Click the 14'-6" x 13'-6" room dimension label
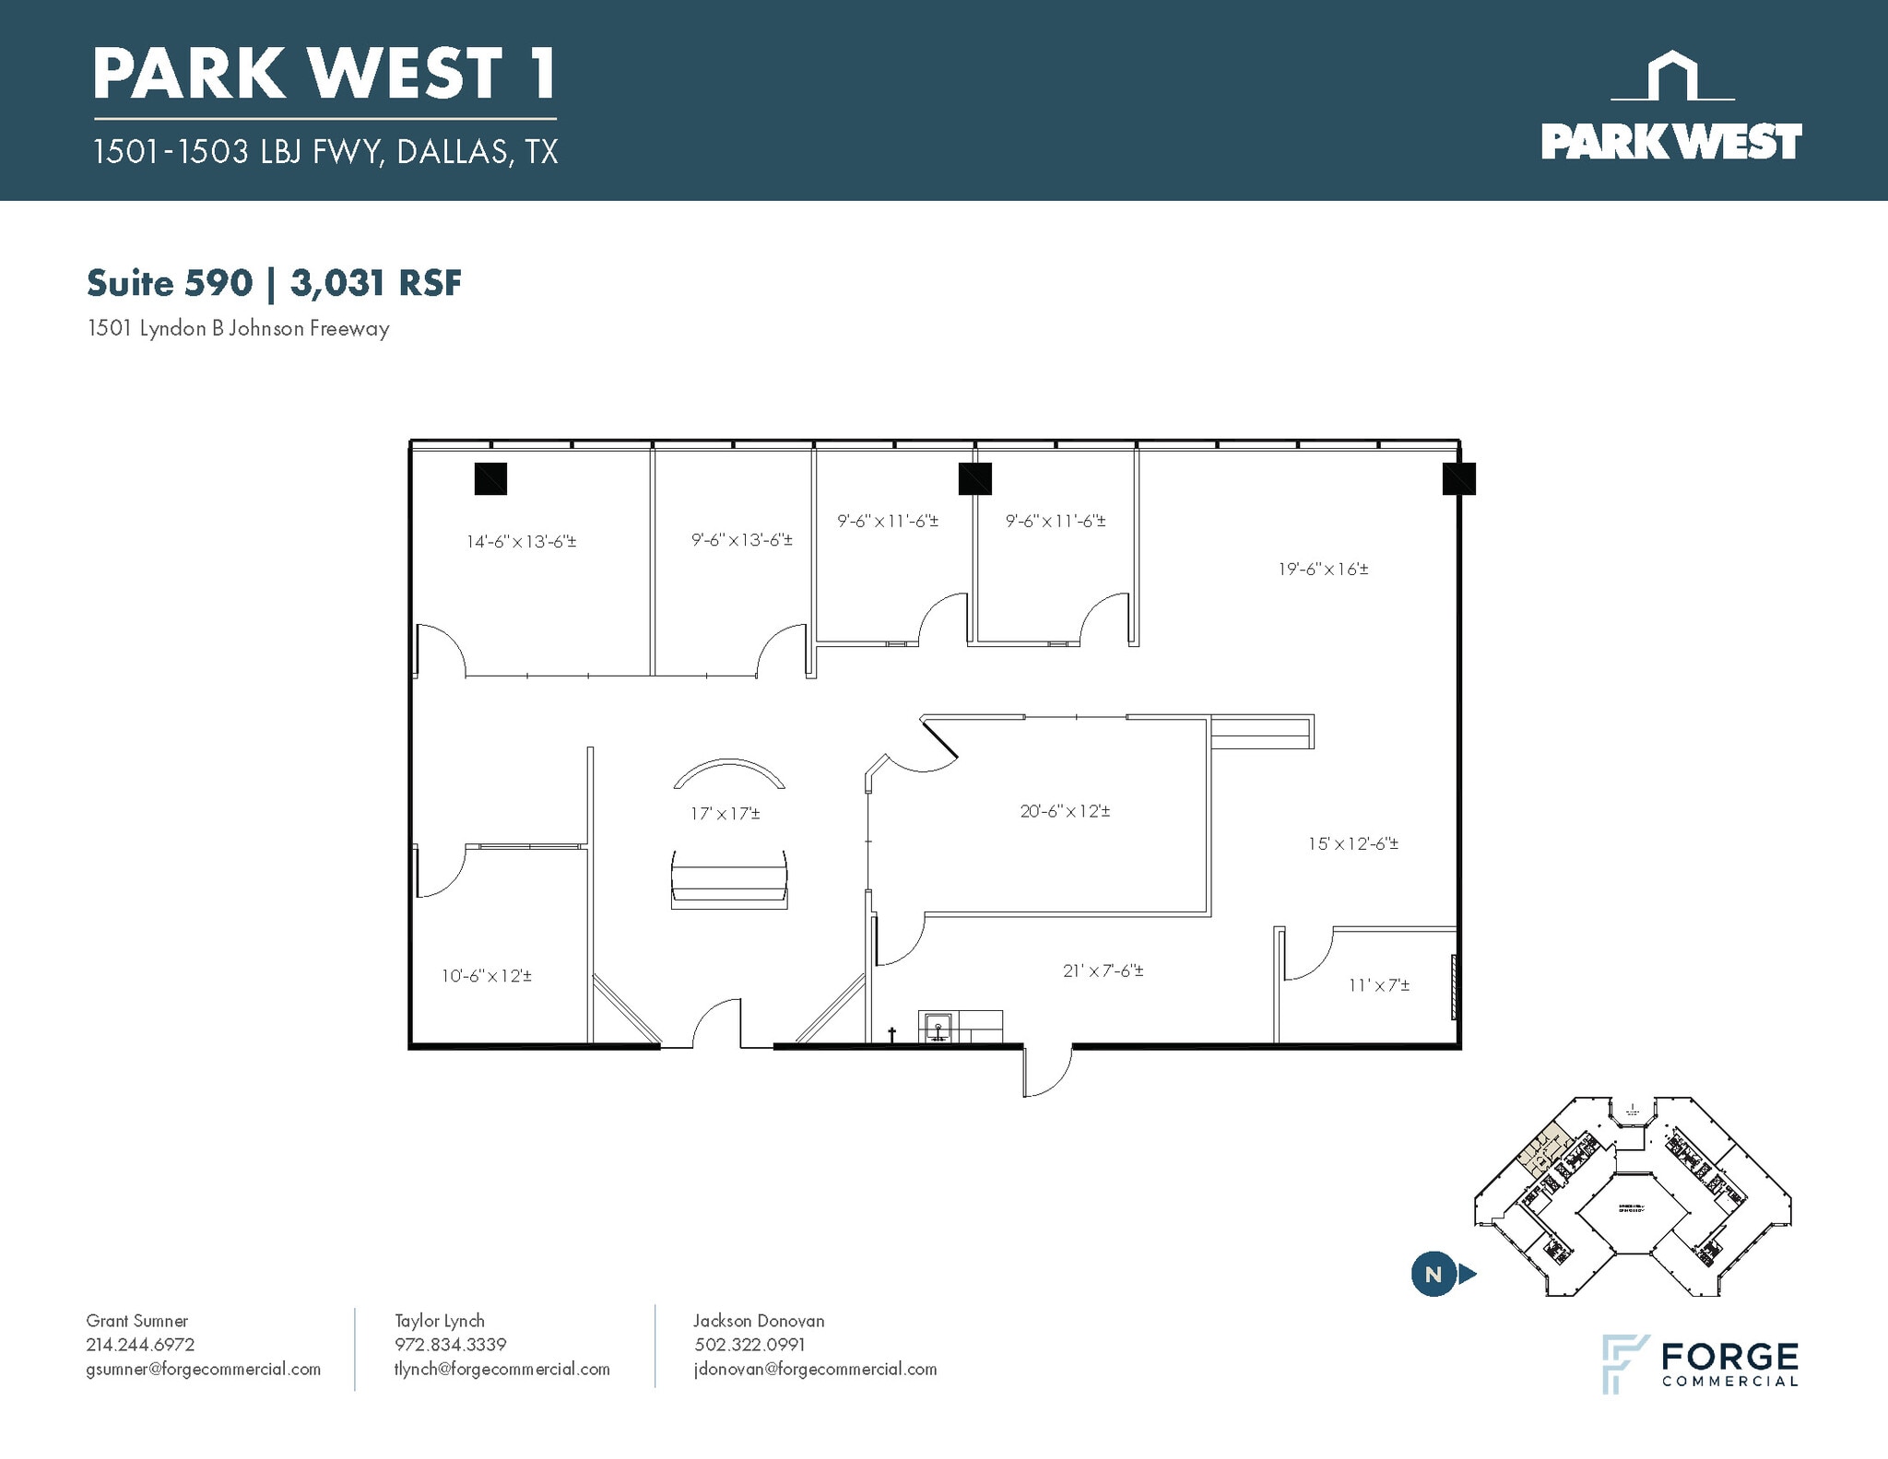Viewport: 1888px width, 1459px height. point(521,542)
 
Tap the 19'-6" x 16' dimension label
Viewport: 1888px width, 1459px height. point(1323,570)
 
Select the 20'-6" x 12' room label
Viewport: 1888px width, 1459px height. point(1065,812)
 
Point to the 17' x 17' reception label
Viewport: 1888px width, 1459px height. point(726,814)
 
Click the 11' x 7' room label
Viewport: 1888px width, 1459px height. point(1379,985)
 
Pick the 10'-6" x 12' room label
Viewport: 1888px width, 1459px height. point(486,976)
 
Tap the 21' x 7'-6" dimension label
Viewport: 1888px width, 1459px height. point(1103,971)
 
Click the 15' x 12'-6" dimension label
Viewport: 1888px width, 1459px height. point(1352,843)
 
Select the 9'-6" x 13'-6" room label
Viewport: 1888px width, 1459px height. point(742,540)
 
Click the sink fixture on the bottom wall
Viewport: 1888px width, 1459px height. point(938,1027)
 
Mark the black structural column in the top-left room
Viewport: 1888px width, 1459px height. point(490,478)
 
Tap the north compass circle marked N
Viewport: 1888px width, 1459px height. point(1433,1275)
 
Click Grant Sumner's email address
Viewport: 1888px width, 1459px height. point(204,1369)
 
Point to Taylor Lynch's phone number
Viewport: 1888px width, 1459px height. point(451,1345)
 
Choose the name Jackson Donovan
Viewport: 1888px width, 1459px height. point(759,1321)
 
